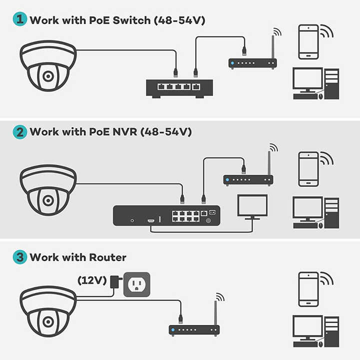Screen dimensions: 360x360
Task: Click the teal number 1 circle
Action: (19, 20)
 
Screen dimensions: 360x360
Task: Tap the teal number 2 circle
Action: (19, 132)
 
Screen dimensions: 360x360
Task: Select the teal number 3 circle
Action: (19, 257)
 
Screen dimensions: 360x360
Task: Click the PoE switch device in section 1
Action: (179, 88)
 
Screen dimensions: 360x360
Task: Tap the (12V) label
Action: (92, 280)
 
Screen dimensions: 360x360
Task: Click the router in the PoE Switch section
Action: (252, 63)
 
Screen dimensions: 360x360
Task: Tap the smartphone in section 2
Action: (308, 169)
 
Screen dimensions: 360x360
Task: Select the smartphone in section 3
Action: (308, 289)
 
